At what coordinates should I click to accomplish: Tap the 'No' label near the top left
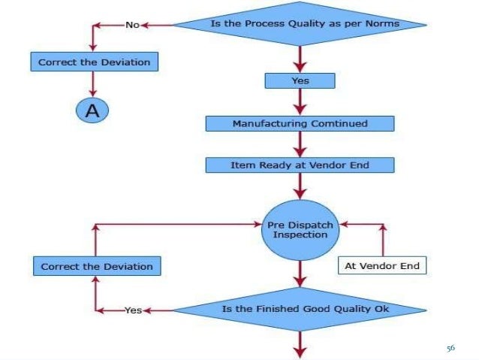point(133,25)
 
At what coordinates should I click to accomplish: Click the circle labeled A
point(92,110)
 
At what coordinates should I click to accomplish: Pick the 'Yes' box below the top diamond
point(300,79)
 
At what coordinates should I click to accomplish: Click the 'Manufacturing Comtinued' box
point(300,123)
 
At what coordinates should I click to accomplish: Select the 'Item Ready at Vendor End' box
point(300,165)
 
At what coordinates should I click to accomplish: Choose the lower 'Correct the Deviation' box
point(97,266)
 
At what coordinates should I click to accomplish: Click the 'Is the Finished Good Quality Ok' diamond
point(300,309)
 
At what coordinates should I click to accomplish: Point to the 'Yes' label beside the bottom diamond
point(133,309)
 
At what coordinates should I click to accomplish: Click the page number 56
point(450,348)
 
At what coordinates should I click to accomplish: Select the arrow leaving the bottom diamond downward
point(300,344)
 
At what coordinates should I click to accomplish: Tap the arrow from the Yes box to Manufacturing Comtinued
point(300,101)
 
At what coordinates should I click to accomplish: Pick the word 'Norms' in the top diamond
point(404,24)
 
